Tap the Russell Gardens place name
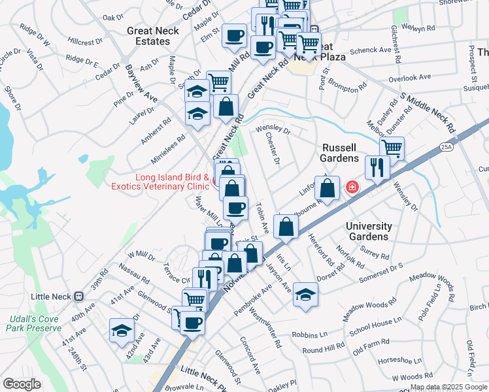click(339, 153)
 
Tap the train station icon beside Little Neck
click(79, 296)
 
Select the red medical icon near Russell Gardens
click(352, 188)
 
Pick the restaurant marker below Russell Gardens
click(378, 167)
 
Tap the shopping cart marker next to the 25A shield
click(392, 148)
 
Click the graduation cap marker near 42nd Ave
click(122, 330)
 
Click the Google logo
click(22, 384)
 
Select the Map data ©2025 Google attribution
click(448, 387)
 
